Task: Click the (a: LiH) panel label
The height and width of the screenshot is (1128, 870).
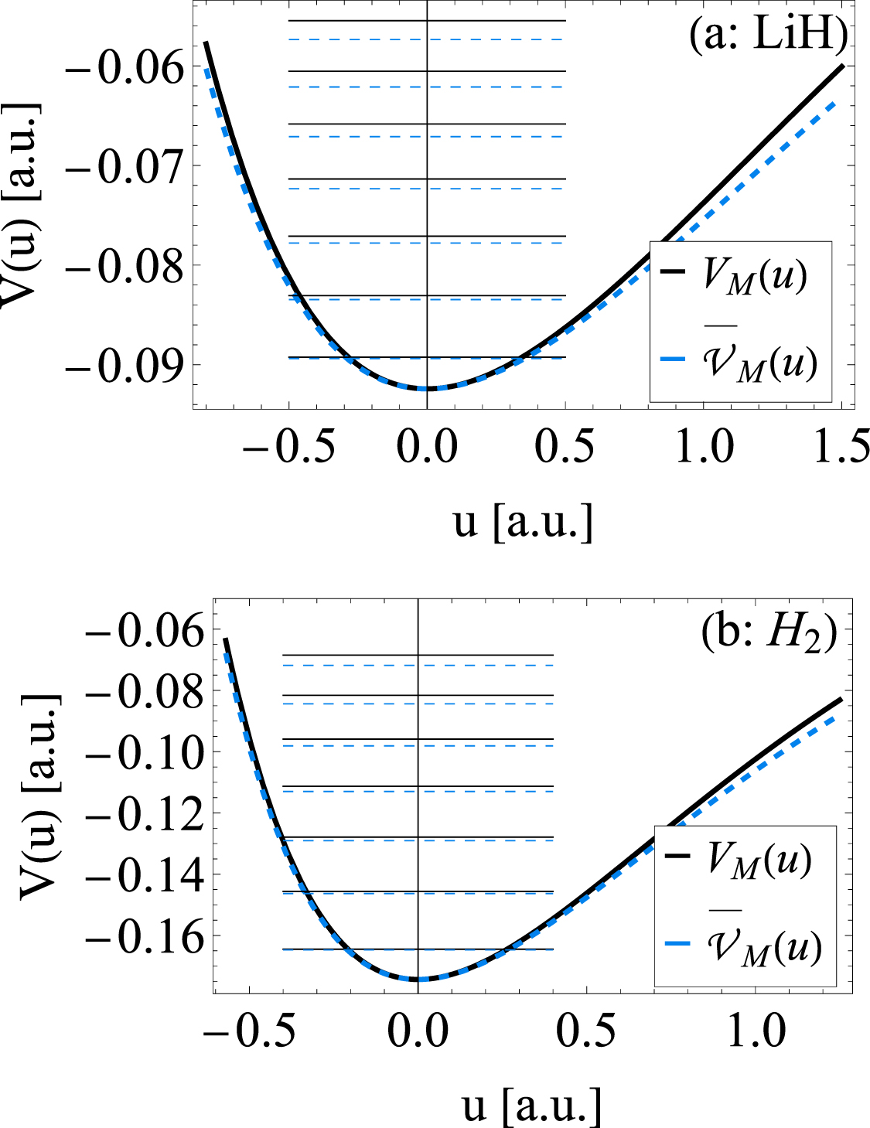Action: pyautogui.click(x=768, y=36)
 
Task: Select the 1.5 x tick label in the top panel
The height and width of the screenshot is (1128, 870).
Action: pyautogui.click(x=842, y=448)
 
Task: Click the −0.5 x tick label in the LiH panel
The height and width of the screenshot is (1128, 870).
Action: pyautogui.click(x=288, y=448)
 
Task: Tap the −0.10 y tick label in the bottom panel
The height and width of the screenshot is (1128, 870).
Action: pyautogui.click(x=145, y=752)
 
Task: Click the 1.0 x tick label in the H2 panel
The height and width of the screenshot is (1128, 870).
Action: pyautogui.click(x=757, y=1031)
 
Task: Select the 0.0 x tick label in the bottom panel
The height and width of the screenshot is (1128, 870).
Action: pyautogui.click(x=418, y=1031)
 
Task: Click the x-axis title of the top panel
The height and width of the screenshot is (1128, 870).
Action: pyautogui.click(x=523, y=522)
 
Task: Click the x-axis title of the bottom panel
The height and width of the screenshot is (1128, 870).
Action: pyautogui.click(x=532, y=1106)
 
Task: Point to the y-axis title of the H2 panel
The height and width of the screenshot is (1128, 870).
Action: pyautogui.click(x=39, y=796)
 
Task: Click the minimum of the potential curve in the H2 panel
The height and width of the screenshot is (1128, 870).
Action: pyautogui.click(x=418, y=980)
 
